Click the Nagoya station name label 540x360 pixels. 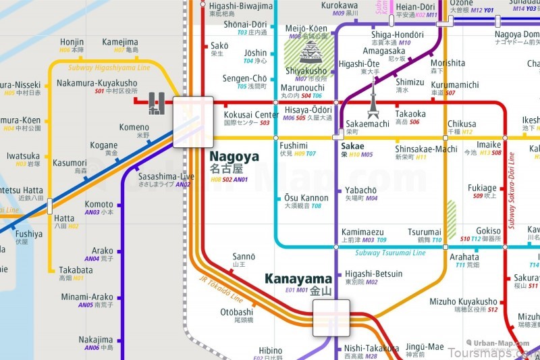click(234, 157)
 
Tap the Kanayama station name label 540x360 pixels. click(298, 279)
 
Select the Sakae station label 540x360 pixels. click(352, 146)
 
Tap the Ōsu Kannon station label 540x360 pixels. click(302, 199)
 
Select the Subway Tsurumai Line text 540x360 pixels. click(390, 253)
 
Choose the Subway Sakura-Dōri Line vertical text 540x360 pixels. click(512, 189)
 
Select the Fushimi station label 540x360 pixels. click(294, 146)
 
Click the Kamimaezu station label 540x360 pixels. click(362, 232)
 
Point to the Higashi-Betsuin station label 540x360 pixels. click(373, 274)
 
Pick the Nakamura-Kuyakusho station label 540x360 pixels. click(97, 84)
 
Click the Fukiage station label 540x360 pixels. click(482, 188)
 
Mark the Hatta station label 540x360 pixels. click(64, 219)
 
